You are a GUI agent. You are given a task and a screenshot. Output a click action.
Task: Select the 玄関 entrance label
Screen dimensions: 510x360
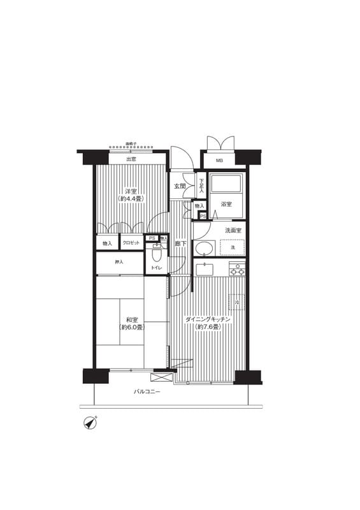[180, 186]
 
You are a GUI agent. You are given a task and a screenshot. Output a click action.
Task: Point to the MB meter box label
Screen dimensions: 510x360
[219, 161]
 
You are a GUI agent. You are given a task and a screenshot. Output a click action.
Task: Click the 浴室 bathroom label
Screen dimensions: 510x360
[226, 204]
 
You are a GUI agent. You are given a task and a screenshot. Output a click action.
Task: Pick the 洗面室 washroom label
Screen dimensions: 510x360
[233, 230]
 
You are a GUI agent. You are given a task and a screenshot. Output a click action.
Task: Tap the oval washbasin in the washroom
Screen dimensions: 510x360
[205, 249]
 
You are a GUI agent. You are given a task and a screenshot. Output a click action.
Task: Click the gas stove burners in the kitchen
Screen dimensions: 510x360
[237, 270]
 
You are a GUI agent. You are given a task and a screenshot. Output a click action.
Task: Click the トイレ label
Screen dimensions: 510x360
[156, 268]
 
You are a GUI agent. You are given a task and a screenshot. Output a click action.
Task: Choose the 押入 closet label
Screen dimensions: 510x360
[119, 262]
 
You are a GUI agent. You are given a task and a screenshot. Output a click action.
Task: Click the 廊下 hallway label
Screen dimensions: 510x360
[180, 244]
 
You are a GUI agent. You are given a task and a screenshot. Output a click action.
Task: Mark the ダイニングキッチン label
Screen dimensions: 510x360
[208, 319]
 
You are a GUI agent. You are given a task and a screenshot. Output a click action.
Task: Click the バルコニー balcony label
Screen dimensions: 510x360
[147, 392]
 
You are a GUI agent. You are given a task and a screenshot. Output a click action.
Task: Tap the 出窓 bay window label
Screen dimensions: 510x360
[131, 159]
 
